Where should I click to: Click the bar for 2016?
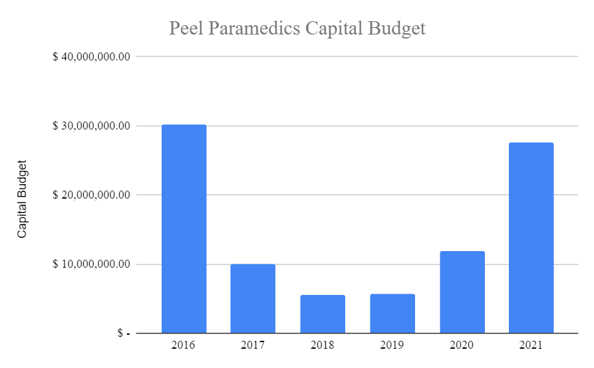pos(184,229)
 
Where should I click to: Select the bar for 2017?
pos(253,298)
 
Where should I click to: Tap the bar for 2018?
pos(323,314)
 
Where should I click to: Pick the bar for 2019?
pos(392,313)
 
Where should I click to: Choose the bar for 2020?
pos(462,292)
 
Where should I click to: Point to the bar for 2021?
pos(531,238)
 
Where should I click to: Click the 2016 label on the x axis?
pos(184,345)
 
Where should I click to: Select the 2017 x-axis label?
pos(253,345)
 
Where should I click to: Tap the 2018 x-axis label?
pos(323,345)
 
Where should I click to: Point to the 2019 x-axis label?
pos(392,345)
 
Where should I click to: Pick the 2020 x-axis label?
pos(462,345)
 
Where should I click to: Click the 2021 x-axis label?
pos(531,345)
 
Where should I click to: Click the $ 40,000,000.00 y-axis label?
pos(91,56)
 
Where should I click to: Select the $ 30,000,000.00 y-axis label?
pos(91,126)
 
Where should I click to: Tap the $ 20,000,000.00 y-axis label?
pos(91,195)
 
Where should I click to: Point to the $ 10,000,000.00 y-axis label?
pos(91,264)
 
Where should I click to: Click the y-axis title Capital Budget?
pos(23,199)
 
